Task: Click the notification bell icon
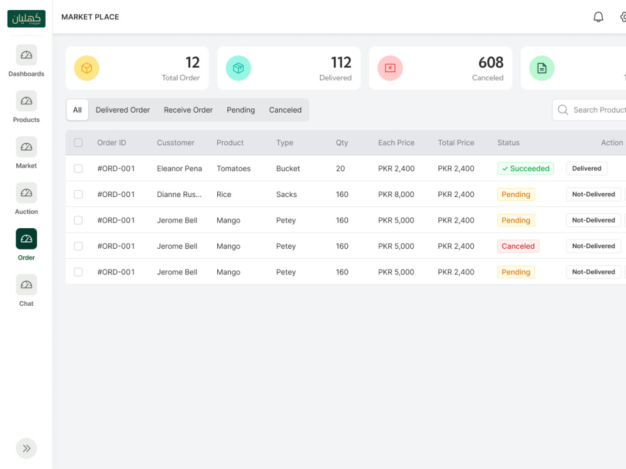click(598, 17)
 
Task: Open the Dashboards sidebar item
click(26, 55)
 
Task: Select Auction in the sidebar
click(26, 193)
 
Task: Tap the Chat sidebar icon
click(26, 285)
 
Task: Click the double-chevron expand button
click(26, 448)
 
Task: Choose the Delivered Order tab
click(123, 109)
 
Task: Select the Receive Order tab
click(188, 109)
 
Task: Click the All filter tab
click(77, 109)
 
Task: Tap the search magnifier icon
click(563, 110)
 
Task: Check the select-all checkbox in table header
click(78, 143)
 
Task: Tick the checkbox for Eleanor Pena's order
click(78, 168)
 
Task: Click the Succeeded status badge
click(525, 168)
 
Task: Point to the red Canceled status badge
click(518, 246)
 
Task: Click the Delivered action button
click(587, 168)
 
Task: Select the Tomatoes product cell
click(233, 169)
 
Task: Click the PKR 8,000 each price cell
click(396, 194)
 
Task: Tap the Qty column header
click(342, 143)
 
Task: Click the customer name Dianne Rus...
click(179, 194)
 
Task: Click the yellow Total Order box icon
click(86, 68)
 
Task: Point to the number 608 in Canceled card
click(491, 63)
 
